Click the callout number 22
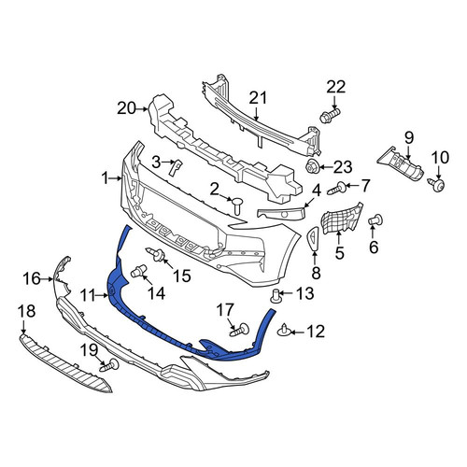click(x=336, y=87)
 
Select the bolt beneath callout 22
click(x=330, y=115)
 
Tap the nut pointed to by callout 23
click(x=311, y=167)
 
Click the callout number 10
click(x=440, y=158)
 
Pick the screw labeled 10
click(x=436, y=184)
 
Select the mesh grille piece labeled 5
click(x=342, y=219)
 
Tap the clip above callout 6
click(x=375, y=220)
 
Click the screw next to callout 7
click(x=337, y=188)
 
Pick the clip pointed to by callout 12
click(x=284, y=331)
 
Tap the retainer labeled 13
click(x=276, y=296)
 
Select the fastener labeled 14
click(x=138, y=271)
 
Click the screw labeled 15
click(x=156, y=254)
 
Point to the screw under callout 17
click(x=239, y=331)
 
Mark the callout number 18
click(x=26, y=311)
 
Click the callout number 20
click(x=127, y=108)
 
